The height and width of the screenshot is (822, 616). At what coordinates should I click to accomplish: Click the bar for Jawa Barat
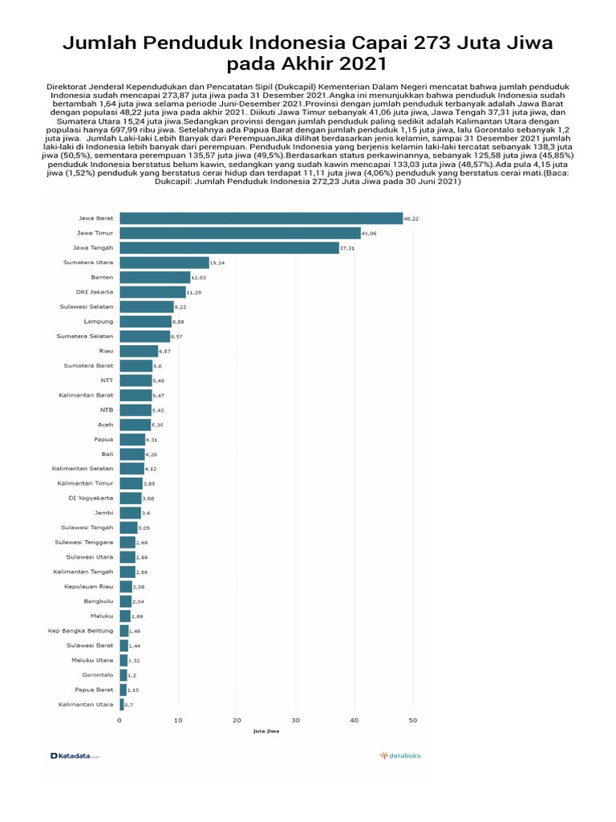pos(261,218)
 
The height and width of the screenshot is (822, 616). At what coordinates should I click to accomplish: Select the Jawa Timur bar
pos(240,233)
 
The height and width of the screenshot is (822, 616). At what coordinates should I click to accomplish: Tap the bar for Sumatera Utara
pos(164,262)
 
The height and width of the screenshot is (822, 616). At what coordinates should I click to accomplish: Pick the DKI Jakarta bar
pos(152,292)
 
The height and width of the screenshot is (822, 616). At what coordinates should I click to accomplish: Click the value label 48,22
pos(411,218)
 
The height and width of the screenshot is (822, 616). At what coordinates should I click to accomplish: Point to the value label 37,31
pos(347,248)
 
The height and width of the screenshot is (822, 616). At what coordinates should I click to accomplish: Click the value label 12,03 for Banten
pos(199,278)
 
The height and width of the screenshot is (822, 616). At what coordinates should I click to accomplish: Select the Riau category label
pos(105,351)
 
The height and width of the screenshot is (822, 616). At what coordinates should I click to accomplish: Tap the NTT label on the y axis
pos(107,380)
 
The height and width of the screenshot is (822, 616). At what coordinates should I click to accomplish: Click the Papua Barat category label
pos(94,690)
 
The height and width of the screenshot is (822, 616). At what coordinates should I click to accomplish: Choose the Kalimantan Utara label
pos(86,705)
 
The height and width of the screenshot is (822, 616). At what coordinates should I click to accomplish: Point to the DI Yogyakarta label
pos(91,498)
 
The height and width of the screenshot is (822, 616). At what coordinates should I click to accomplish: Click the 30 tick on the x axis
pos(295,720)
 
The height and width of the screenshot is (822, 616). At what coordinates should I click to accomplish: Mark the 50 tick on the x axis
pos(412,720)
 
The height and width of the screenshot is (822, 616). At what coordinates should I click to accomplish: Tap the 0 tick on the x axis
pos(120,720)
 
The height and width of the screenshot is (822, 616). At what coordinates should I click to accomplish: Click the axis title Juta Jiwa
pos(265,731)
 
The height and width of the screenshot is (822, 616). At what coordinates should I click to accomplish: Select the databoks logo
pos(400,755)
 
